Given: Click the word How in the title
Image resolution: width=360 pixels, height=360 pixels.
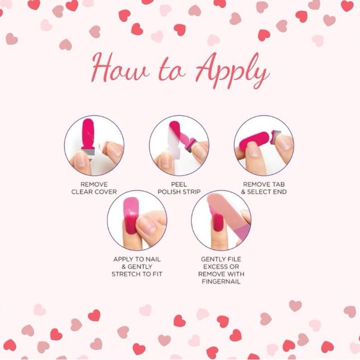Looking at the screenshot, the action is coord(120,68).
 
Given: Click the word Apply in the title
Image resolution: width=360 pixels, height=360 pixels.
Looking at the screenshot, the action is coord(232,70).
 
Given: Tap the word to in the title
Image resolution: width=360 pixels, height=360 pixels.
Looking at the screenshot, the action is coord(172,71).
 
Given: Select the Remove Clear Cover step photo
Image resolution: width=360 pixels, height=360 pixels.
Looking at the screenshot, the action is coord(94,145).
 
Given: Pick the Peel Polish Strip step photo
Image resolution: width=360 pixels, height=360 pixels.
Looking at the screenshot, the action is coord(179,145).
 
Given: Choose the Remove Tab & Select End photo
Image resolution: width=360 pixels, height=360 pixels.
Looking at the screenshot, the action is coord(264,145).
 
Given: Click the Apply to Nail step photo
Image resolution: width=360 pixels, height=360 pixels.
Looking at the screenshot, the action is coord(137,220).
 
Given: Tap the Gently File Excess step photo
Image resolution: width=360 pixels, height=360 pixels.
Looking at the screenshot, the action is coord(221,220).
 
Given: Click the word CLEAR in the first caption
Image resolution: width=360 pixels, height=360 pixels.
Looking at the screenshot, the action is coord(81,192).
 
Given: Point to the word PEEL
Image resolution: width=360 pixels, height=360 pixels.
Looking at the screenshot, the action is coord(179,184).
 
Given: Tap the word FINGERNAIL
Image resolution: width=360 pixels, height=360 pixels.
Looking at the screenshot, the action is coord(221,281).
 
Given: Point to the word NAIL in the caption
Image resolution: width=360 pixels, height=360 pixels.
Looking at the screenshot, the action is coord(153,259).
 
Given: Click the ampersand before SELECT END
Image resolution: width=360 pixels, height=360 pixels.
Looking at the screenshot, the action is coord(243,192).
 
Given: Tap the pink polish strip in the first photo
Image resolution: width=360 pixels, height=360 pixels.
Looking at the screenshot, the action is coord(88,135).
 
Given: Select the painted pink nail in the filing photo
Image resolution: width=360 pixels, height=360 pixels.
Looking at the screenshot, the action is coord(218,222).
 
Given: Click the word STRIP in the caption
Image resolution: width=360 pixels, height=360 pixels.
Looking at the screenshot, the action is coord(192,192).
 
